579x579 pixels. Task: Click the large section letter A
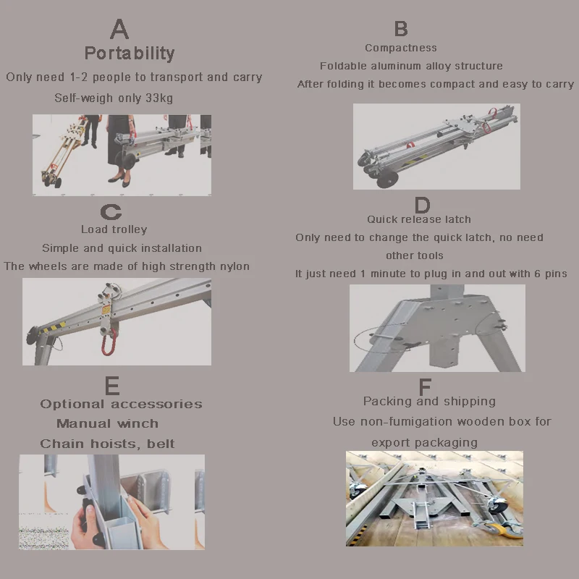tap(119, 29)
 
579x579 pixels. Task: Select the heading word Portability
tap(130, 54)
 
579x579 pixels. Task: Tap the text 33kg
tap(159, 98)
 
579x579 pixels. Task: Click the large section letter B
tap(401, 28)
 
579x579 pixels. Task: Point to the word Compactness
tap(401, 48)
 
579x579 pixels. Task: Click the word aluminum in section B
tap(395, 66)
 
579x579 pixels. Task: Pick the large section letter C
tap(111, 212)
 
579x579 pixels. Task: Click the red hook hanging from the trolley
tap(109, 342)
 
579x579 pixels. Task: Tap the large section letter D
tap(423, 205)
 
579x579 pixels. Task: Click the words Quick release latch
tap(419, 219)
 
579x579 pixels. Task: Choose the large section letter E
tap(112, 386)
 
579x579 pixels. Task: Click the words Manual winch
tap(107, 423)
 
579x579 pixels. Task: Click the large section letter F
tap(425, 387)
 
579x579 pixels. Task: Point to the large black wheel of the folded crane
tap(388, 179)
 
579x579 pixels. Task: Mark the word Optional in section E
tap(72, 405)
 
